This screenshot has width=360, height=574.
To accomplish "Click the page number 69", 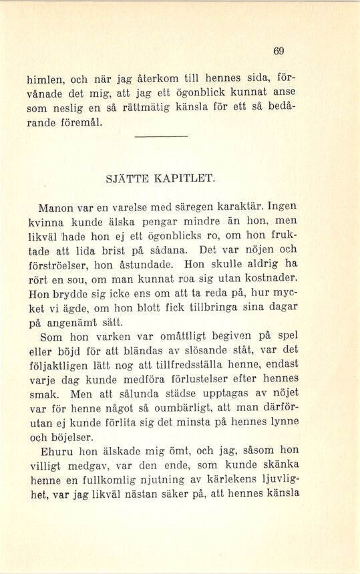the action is tap(279, 51).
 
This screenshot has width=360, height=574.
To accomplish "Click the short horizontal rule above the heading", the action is tap(161, 137).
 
